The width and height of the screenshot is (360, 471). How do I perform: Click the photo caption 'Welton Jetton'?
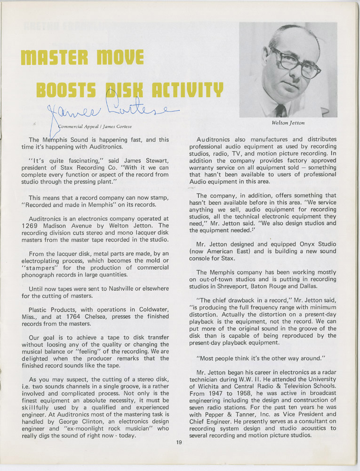click(288, 123)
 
